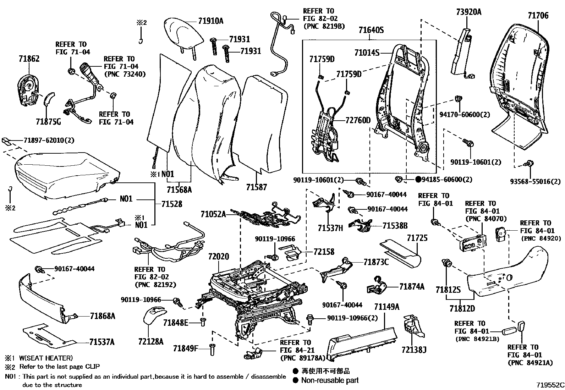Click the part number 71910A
210,21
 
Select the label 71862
29,59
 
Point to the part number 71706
538,15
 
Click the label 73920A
468,12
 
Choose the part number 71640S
371,30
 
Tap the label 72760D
358,120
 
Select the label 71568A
180,190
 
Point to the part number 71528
171,204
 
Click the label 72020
218,256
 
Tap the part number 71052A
213,214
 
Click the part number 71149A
386,307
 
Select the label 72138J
414,350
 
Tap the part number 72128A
151,342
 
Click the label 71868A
103,316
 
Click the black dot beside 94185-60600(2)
418,179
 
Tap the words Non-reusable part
330,380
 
